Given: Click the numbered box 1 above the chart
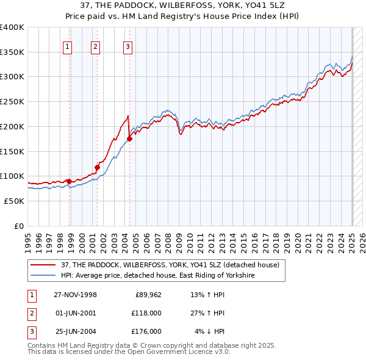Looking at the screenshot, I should (x=66, y=45).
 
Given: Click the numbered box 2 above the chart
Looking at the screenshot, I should (x=96, y=45).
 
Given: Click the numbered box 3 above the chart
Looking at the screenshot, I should (x=127, y=45).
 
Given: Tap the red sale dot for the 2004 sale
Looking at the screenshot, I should (x=129, y=139).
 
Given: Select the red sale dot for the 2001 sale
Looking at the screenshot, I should (x=97, y=167).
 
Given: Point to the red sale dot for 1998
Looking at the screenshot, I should (x=70, y=181).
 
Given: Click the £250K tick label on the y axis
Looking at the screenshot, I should (x=12, y=102).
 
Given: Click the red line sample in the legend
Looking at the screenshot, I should (x=43, y=265).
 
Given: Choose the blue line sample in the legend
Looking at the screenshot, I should (x=43, y=276).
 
